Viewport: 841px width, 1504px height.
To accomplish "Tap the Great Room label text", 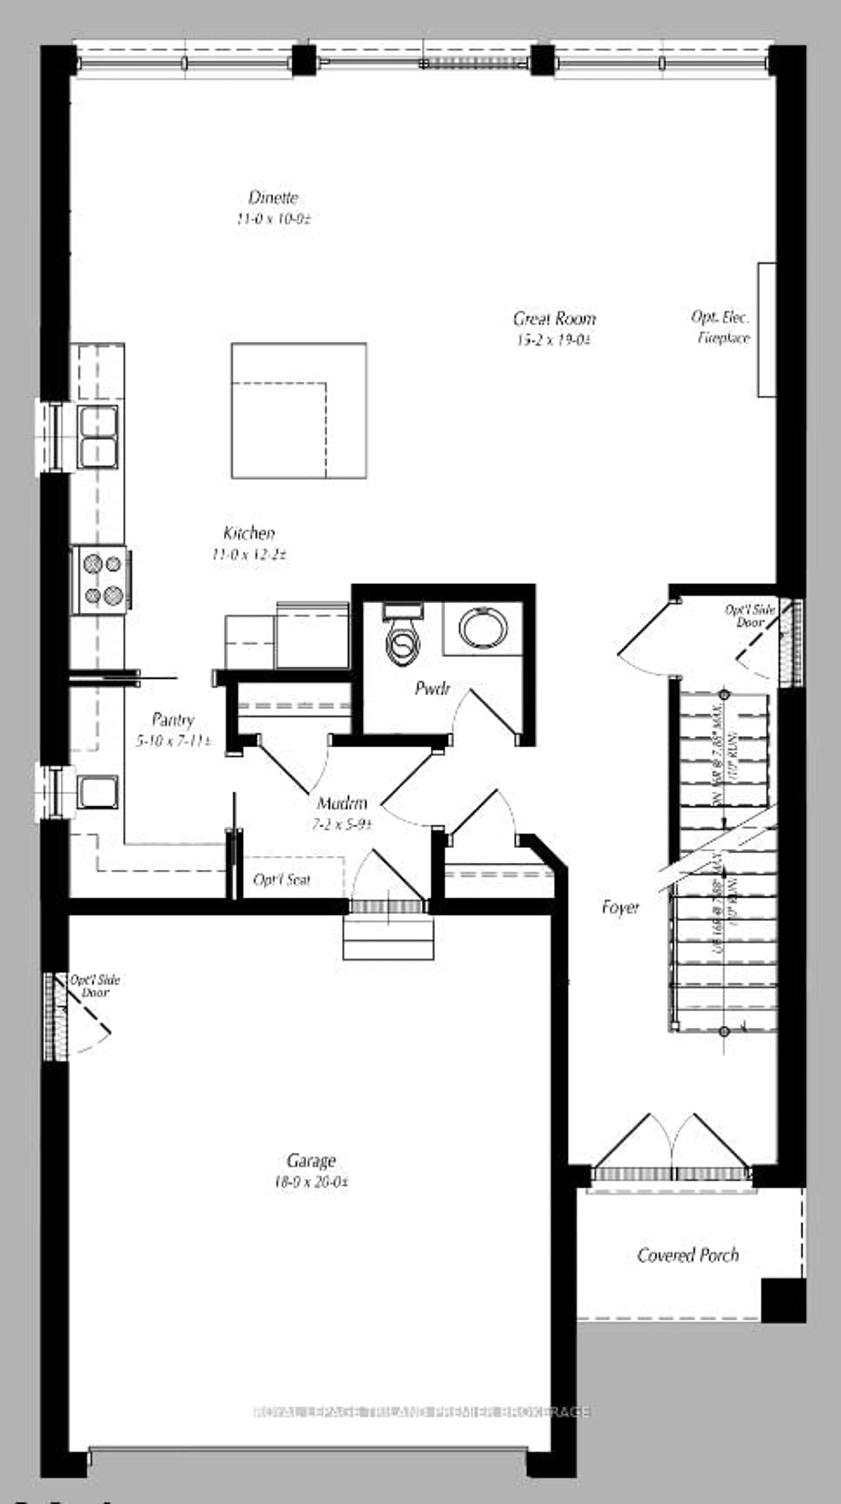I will (x=554, y=319).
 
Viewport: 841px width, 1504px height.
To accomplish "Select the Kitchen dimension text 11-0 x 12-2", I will (x=249, y=554).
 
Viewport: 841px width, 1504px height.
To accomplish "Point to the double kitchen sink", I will (x=98, y=437).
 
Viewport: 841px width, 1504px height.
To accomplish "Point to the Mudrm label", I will (x=342, y=803).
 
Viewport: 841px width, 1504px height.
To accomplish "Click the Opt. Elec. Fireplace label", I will (x=721, y=327).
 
